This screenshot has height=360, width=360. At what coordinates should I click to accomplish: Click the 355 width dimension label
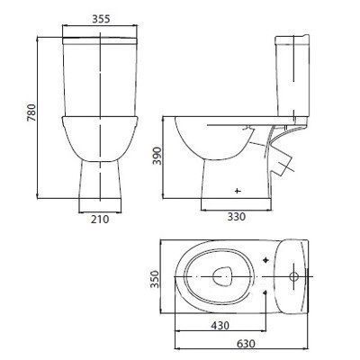[101, 19]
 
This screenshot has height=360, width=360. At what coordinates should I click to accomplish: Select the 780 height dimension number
[31, 112]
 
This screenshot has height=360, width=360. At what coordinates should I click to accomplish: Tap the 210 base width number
[100, 220]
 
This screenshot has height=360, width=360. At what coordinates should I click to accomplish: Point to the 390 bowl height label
[157, 156]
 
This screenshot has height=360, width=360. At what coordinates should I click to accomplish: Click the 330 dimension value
[236, 216]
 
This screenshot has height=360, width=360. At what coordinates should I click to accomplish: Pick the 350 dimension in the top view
[155, 279]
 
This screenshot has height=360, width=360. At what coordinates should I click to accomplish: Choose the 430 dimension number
[220, 325]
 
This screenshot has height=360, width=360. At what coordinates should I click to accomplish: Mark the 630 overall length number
[245, 344]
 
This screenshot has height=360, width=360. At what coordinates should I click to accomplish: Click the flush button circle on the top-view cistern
[293, 276]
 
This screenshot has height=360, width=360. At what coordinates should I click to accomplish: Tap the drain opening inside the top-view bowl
[222, 276]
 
